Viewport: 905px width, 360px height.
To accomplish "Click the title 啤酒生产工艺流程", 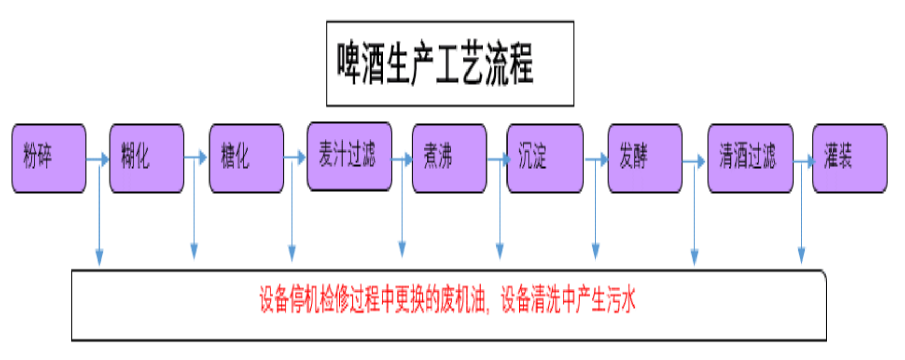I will point(435,64).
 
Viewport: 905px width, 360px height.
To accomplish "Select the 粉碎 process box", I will point(48,158).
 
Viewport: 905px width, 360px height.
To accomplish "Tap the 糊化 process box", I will point(146,158).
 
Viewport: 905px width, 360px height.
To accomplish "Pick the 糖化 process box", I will point(246,158).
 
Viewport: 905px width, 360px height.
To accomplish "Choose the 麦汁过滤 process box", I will point(349,156).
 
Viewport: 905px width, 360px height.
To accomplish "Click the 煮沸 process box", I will point(449,158).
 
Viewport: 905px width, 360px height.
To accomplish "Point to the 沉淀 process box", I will point(544,158).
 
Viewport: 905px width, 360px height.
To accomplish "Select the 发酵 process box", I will point(644,158).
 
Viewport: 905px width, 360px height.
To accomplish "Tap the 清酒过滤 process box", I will point(750,158).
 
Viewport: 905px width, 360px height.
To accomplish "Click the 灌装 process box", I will point(849,158).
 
